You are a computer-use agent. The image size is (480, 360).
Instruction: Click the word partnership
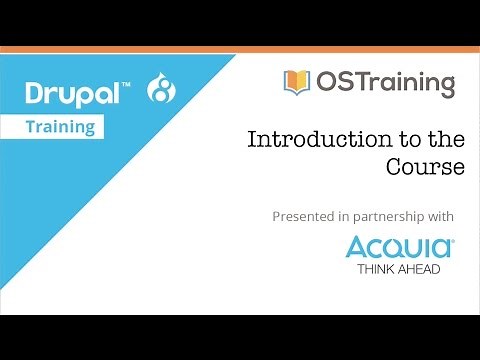[390, 216]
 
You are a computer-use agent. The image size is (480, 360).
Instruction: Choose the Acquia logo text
[399, 247]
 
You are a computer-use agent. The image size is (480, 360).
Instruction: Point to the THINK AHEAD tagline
[399, 269]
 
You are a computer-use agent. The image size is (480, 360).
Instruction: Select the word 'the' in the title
[447, 140]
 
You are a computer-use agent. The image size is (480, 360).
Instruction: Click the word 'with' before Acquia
[441, 216]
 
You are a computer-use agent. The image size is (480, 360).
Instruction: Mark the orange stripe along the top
[240, 48]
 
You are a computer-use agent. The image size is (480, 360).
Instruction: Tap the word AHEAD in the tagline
[419, 269]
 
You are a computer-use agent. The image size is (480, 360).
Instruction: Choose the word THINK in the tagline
[375, 269]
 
